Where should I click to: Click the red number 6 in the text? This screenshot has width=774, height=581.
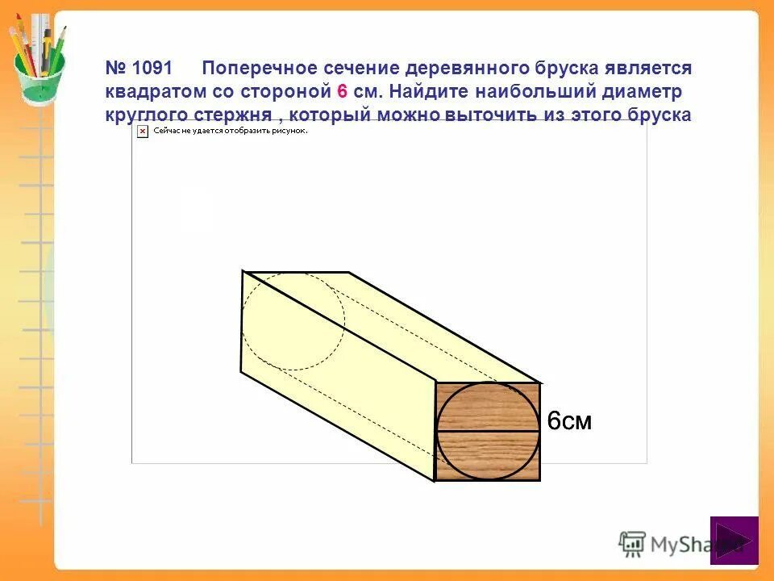[341, 91]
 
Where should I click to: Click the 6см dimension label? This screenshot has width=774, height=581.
[569, 420]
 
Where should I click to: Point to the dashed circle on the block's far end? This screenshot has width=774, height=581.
[293, 321]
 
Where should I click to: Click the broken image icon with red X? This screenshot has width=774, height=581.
[143, 130]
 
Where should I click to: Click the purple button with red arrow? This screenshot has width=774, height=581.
[734, 540]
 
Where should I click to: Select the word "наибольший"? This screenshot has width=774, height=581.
[541, 91]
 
